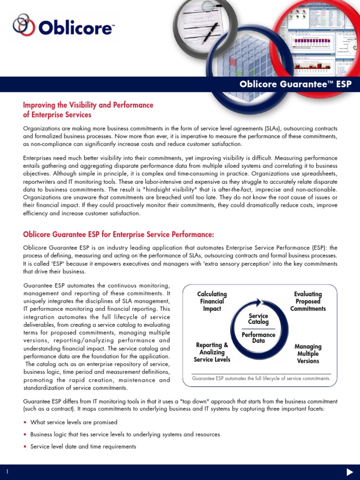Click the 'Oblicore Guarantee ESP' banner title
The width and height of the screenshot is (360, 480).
(x=295, y=84)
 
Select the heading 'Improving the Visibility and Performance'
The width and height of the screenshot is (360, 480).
(x=88, y=105)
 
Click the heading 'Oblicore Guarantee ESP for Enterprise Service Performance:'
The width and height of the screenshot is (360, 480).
(x=119, y=234)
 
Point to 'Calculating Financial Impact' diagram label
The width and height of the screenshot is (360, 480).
(x=212, y=301)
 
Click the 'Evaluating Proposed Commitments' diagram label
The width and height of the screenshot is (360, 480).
(x=308, y=301)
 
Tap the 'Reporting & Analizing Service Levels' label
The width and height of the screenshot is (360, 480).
(x=212, y=352)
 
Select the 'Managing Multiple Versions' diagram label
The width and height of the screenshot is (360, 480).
(x=308, y=354)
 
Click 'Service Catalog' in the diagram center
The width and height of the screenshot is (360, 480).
(x=258, y=319)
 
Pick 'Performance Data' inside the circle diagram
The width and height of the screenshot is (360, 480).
(x=258, y=337)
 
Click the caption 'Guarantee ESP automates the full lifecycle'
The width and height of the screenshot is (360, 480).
(x=261, y=378)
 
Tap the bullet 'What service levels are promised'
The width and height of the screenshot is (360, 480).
(x=74, y=422)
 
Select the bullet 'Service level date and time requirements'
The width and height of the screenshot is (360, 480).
(x=83, y=447)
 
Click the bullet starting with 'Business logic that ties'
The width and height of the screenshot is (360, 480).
(x=125, y=435)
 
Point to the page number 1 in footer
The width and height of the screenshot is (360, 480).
(x=7, y=472)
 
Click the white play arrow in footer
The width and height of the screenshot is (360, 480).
(x=349, y=472)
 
